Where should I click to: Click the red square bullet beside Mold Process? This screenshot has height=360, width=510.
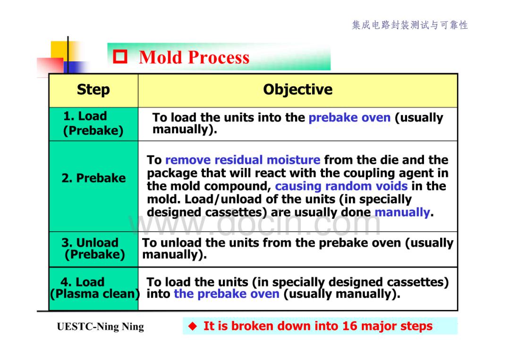(x=120, y=57)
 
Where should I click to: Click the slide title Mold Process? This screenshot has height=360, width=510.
(x=194, y=58)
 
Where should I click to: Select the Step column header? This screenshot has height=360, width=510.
(x=93, y=90)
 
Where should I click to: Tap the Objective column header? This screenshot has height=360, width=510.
(x=297, y=89)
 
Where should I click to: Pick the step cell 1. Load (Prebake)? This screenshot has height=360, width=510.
(x=93, y=123)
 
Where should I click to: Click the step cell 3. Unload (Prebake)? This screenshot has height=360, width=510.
(x=93, y=249)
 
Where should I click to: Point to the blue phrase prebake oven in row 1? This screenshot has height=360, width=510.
(x=349, y=117)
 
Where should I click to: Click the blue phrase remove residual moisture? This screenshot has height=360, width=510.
(x=243, y=160)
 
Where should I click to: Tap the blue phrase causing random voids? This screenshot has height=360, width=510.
(x=341, y=186)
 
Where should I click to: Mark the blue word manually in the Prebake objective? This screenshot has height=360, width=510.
(x=402, y=212)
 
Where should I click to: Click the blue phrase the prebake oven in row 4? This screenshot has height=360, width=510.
(x=226, y=294)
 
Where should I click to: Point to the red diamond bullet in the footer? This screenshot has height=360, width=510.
(x=193, y=326)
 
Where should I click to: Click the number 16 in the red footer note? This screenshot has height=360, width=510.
(x=349, y=326)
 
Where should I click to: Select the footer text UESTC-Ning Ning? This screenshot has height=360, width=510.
(x=100, y=327)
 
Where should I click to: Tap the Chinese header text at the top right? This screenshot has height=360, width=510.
(x=410, y=25)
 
